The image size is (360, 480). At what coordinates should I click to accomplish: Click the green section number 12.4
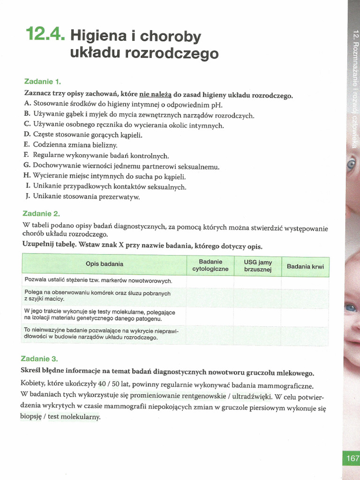(45, 34)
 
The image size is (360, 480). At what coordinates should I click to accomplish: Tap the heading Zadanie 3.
(39, 359)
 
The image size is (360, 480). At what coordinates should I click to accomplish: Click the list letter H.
(26, 176)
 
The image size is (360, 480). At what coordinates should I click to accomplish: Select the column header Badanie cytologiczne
(210, 265)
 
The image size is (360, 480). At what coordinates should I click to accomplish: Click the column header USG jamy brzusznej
(257, 265)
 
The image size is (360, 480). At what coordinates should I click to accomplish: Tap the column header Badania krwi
(305, 266)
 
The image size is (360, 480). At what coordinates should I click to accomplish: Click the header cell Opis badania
(104, 264)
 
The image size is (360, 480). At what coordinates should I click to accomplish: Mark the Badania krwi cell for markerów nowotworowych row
(305, 281)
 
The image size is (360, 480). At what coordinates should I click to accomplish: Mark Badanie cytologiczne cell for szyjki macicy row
(210, 295)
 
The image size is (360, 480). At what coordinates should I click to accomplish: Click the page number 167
(352, 458)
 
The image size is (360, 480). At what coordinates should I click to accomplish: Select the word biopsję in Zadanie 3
(31, 417)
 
